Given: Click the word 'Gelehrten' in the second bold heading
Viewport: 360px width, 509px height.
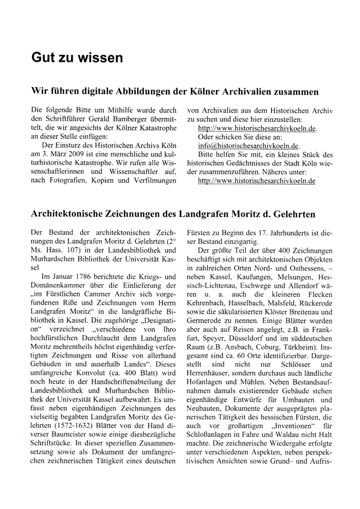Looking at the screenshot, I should point(294,213).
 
